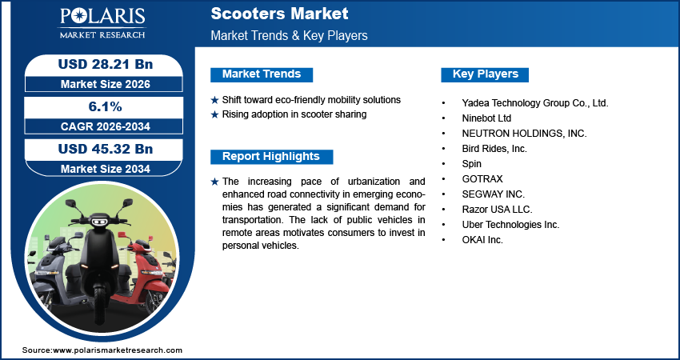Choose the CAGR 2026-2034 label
tap(104, 126)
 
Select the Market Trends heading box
tap(262, 74)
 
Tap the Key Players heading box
tap(486, 74)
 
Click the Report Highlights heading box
tap(270, 157)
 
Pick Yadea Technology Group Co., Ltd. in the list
tap(535, 103)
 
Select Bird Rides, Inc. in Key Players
tap(494, 149)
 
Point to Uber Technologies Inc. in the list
tap(510, 225)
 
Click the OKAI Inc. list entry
tap(482, 240)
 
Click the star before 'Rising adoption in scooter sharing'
tap(214, 114)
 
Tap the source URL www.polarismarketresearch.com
tap(118, 350)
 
